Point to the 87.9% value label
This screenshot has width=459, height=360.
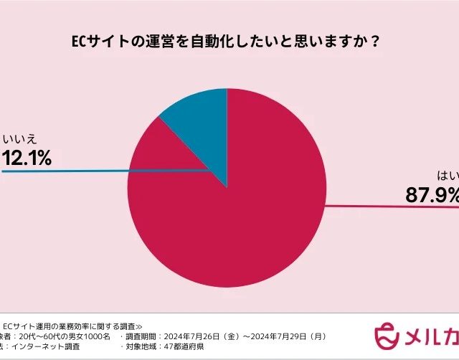click(x=430, y=193)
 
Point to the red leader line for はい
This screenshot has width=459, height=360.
click(x=402, y=207)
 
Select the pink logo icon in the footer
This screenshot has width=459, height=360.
click(x=388, y=335)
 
